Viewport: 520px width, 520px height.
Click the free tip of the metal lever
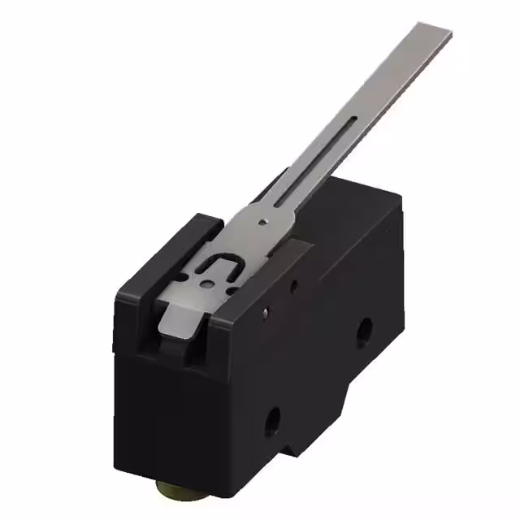(434, 37)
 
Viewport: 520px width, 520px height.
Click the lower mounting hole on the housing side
(273, 419)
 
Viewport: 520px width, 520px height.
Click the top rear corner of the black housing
(398, 193)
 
